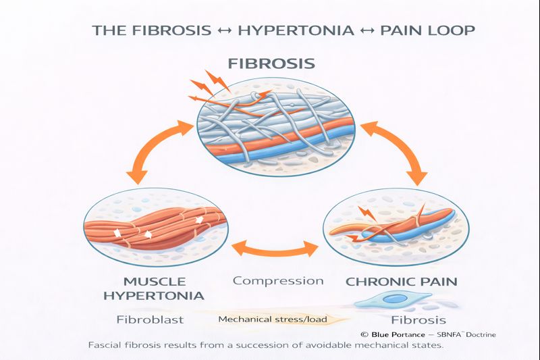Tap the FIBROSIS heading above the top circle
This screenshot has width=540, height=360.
(x=271, y=64)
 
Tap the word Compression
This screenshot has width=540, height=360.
(x=278, y=280)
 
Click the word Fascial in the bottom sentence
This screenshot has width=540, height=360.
(x=109, y=345)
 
